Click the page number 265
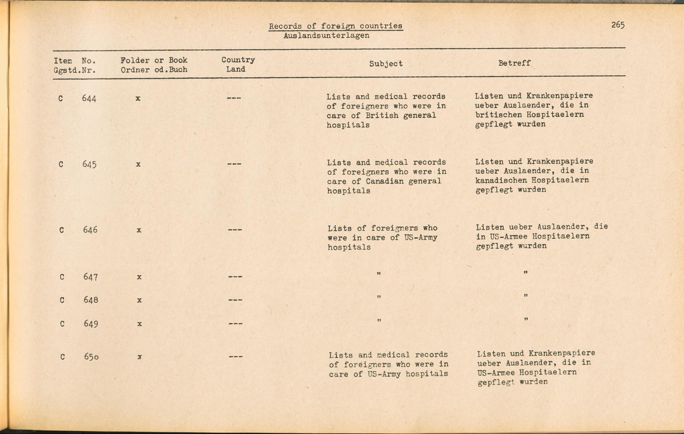(618, 25)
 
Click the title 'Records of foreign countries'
(336, 26)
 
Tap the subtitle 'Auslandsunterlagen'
(326, 36)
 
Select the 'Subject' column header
(386, 64)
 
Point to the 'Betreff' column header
(514, 63)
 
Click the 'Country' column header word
(238, 60)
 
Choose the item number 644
(89, 98)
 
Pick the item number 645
(89, 164)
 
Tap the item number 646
(90, 230)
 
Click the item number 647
(91, 277)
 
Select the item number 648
(91, 300)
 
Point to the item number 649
(91, 324)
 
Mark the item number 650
(91, 357)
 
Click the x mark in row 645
(138, 164)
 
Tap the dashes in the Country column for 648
(235, 300)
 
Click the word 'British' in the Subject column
(382, 116)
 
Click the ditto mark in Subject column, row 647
(379, 274)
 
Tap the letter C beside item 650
(63, 357)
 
